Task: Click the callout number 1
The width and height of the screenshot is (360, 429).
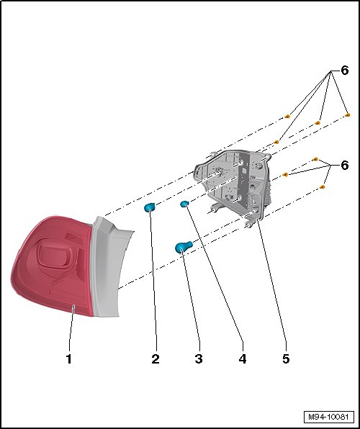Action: (69, 358)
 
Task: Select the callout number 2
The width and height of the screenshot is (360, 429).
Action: (156, 358)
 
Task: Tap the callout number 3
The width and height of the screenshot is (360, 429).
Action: (199, 358)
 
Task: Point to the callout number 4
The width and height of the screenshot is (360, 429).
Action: (243, 358)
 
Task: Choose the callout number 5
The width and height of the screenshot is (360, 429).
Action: (286, 358)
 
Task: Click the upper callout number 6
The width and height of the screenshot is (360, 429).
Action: (345, 71)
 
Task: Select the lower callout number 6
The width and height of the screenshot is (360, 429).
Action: (345, 166)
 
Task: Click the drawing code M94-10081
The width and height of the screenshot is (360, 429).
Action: (328, 417)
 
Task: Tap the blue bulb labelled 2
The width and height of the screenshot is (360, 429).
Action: (149, 207)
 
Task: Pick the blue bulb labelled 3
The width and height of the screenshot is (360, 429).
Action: (183, 246)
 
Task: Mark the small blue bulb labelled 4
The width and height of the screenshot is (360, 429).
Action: (184, 204)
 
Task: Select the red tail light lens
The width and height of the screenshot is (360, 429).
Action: (52, 266)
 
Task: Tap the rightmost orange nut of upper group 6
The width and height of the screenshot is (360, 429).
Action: (347, 114)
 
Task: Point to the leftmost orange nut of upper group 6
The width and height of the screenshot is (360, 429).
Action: (276, 142)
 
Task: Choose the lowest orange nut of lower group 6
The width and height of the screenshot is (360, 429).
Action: (323, 187)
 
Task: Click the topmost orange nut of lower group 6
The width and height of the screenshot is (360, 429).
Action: (315, 159)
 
